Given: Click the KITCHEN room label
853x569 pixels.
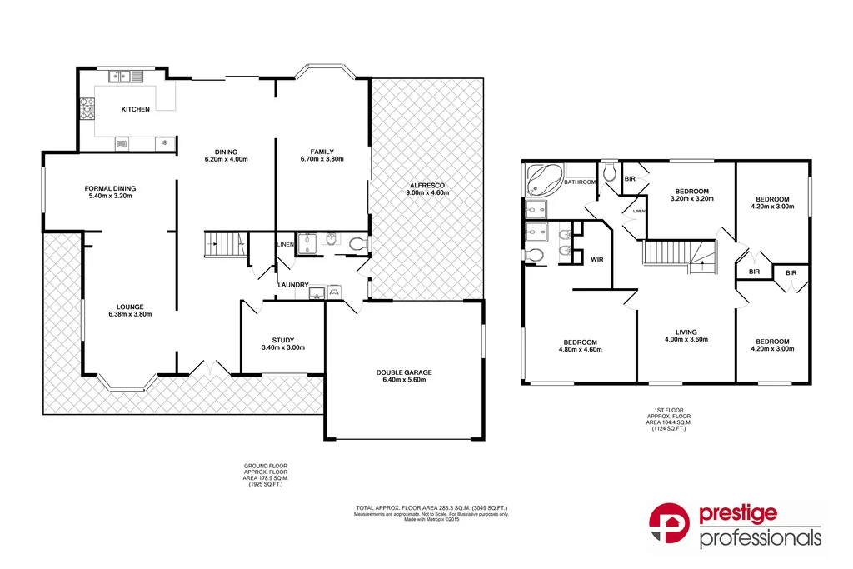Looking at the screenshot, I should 136,109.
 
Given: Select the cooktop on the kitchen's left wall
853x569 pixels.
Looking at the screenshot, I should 86,109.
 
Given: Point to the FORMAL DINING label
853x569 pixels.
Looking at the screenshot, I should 110,188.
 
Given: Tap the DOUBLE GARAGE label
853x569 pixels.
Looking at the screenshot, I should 403,372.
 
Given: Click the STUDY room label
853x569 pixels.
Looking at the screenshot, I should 283,339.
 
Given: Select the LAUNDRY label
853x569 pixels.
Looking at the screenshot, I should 294,284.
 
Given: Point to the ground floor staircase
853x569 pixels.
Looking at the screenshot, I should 222,245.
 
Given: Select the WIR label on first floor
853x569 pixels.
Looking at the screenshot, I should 596,260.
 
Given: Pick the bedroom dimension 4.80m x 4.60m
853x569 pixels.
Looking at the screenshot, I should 579,350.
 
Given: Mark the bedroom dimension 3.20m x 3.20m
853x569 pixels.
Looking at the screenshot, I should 691,198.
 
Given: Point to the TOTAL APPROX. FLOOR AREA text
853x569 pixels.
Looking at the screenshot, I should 431,507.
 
